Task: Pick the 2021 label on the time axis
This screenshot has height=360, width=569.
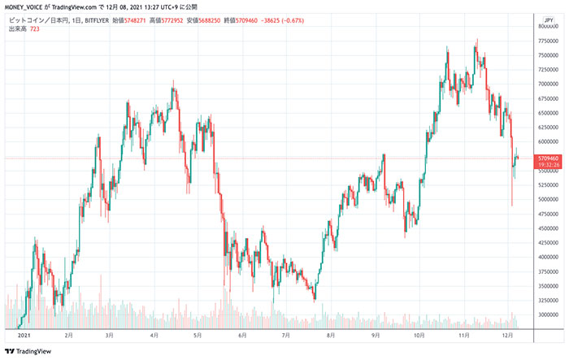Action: click(x=24, y=335)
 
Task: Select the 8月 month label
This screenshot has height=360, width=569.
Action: click(x=329, y=335)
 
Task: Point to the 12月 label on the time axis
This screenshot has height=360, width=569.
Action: click(x=510, y=335)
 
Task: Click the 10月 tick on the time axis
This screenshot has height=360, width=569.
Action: click(x=419, y=335)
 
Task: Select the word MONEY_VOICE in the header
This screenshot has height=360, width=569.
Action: click(x=27, y=7)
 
